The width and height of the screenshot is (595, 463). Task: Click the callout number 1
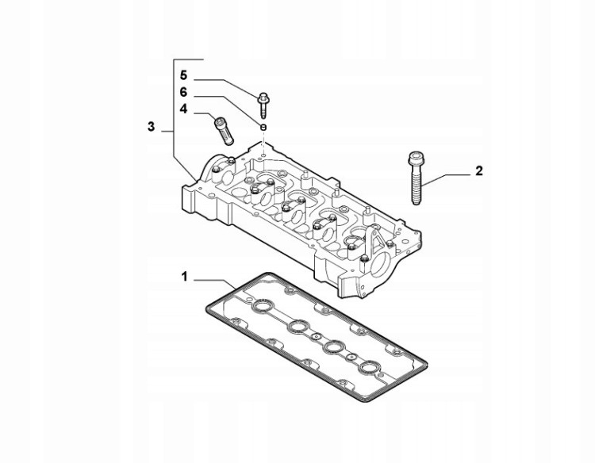tap(184, 277)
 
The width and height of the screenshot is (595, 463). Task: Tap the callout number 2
tap(479, 171)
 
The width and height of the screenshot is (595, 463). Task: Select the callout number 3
tap(151, 127)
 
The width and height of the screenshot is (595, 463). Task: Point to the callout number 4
tap(184, 109)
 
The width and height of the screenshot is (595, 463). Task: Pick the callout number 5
tap(184, 75)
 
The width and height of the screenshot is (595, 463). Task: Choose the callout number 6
tap(184, 92)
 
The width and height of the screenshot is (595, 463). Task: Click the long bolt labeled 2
tap(416, 178)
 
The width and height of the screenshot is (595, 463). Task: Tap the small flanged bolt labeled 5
tap(263, 104)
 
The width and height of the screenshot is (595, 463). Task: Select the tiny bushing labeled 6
tap(263, 126)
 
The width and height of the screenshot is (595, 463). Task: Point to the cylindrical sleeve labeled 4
tap(224, 131)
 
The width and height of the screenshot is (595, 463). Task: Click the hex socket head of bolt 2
tap(416, 158)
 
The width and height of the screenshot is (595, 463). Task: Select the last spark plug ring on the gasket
tap(370, 368)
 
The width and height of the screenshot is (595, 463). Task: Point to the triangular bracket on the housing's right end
tap(374, 239)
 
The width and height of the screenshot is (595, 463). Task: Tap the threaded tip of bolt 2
tap(416, 201)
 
